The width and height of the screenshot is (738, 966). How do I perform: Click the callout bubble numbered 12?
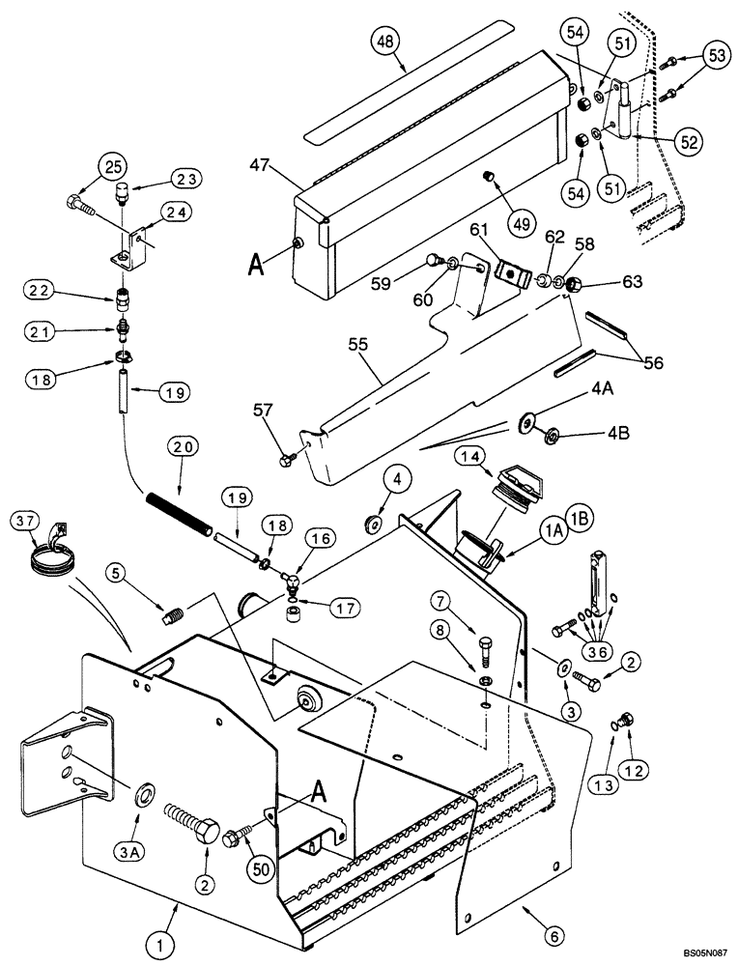[630, 770]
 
